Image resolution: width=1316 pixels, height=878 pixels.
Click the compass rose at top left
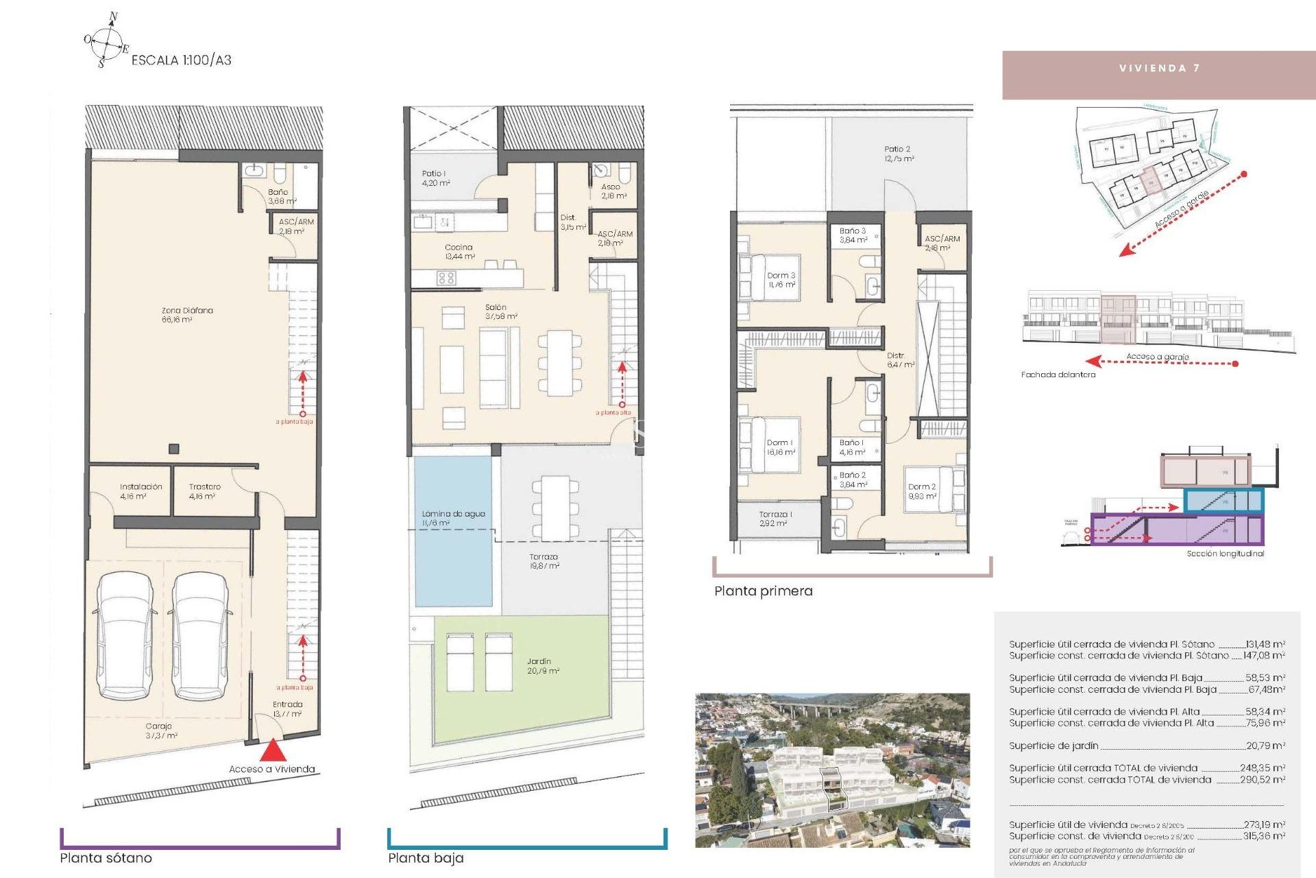[x=106, y=43]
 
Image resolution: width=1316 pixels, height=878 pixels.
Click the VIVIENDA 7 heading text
[x=1159, y=68]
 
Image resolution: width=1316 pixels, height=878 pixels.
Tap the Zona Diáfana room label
[x=186, y=315]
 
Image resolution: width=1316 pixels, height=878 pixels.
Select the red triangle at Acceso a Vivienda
[x=273, y=750]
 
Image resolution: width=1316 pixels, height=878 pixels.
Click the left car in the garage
[x=125, y=636]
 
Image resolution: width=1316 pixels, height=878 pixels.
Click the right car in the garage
[x=200, y=636]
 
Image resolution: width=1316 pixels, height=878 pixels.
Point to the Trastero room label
[x=204, y=491]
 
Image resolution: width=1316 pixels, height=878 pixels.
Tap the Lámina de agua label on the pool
[x=453, y=518]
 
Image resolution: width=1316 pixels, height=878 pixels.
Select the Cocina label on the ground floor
[x=459, y=251]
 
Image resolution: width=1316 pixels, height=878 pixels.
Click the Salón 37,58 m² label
[x=500, y=312]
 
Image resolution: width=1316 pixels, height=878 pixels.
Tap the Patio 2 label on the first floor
[x=897, y=154]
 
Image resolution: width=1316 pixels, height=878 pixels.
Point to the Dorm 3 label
[x=781, y=280]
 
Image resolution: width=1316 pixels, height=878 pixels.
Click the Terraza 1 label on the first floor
[x=775, y=519]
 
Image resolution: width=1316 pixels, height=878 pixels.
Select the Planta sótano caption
[x=106, y=858]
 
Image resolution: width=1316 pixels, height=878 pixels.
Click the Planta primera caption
[x=763, y=591]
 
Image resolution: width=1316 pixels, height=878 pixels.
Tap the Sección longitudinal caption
[x=1225, y=554]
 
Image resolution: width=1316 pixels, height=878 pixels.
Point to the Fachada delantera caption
[x=1058, y=375]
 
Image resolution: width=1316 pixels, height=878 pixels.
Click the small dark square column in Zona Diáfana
[x=174, y=449]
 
